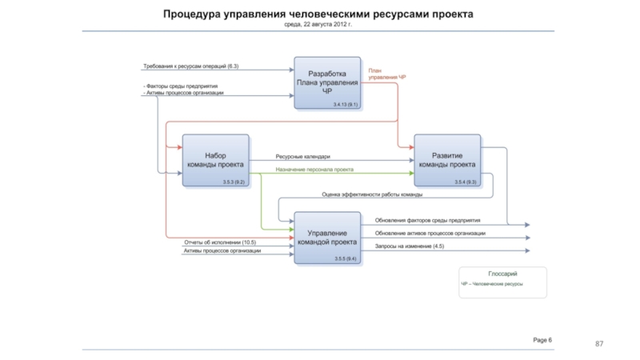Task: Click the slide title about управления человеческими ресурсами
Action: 318,14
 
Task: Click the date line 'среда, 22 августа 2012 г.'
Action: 318,25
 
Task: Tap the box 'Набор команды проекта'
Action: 215,160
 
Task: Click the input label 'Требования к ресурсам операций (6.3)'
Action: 191,66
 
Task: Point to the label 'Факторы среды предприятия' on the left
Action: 182,86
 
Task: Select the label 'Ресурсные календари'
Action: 303,157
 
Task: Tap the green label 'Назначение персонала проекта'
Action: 314,170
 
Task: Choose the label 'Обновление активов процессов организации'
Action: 430,233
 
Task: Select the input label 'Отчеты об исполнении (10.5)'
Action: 220,242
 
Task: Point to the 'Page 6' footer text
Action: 542,340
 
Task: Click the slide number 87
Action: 598,343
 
